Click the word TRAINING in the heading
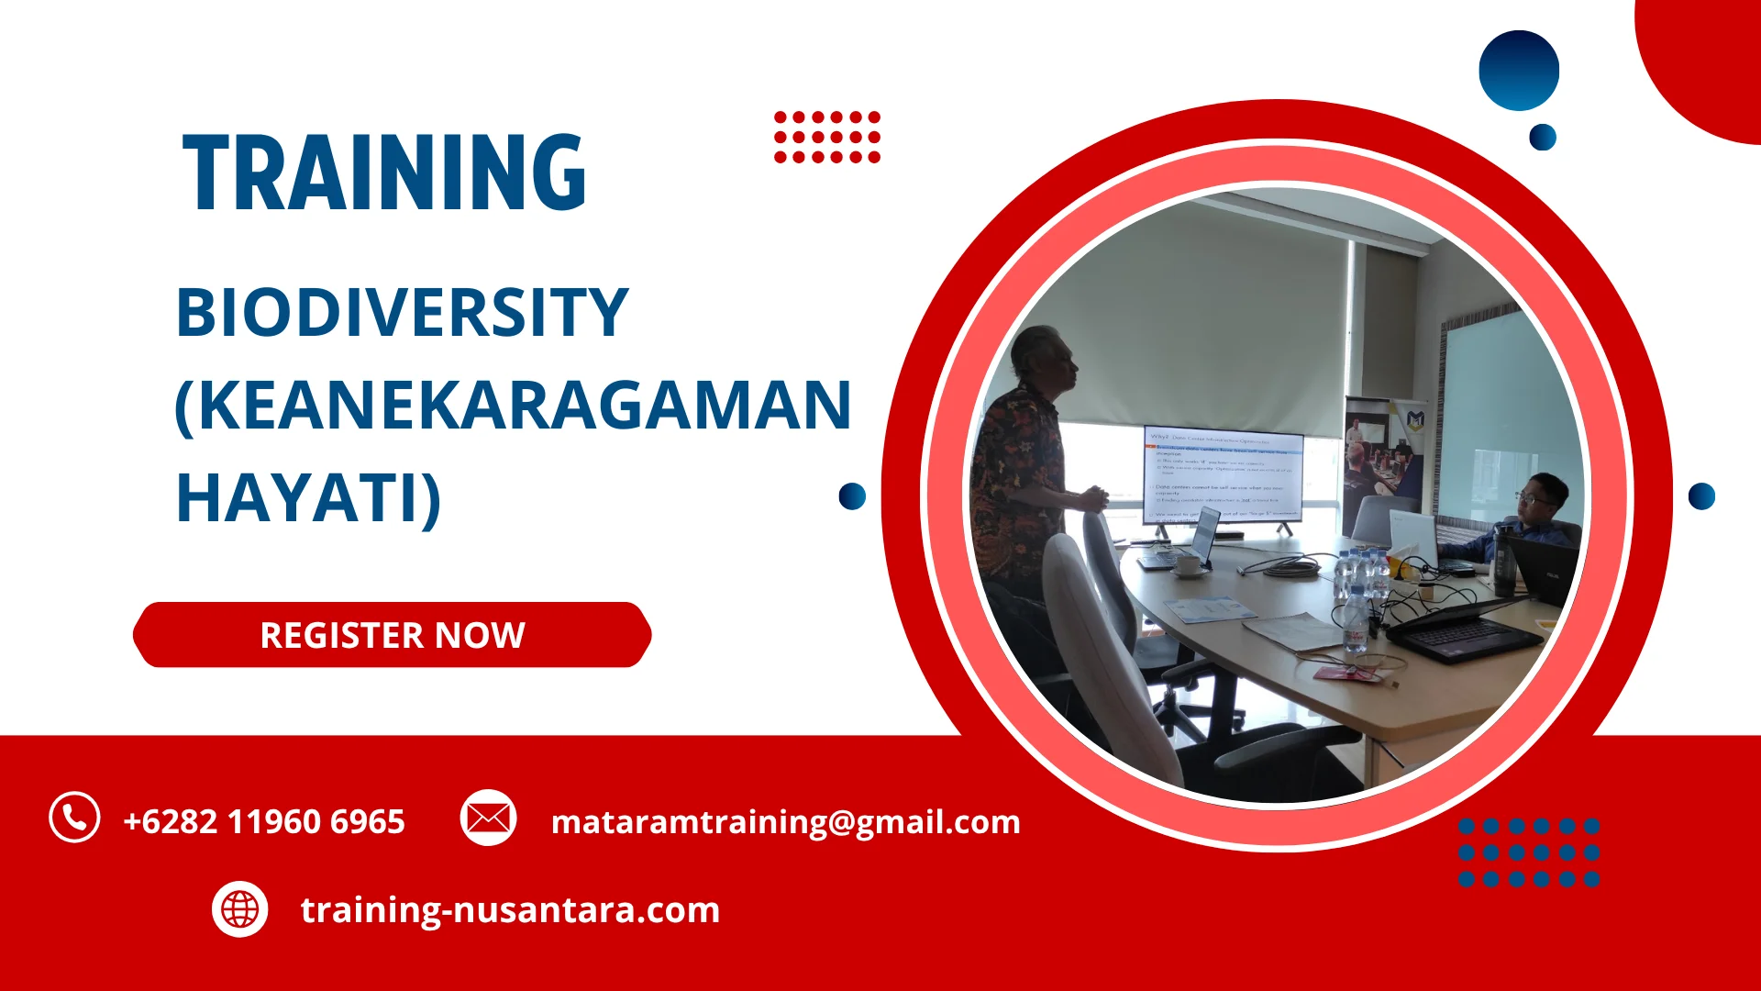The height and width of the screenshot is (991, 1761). click(384, 173)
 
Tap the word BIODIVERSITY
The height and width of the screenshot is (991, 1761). click(402, 313)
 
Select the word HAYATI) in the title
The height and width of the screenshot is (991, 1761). click(308, 498)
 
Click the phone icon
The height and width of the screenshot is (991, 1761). click(74, 817)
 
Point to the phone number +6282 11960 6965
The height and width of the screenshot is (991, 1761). click(264, 821)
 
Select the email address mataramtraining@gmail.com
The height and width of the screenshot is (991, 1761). click(785, 821)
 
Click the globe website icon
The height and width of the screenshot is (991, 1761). click(239, 909)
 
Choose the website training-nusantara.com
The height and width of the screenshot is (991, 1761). click(510, 910)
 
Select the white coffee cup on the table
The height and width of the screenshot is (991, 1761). click(1189, 565)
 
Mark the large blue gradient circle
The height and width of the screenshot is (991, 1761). click(1519, 71)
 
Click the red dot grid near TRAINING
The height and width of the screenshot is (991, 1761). click(826, 137)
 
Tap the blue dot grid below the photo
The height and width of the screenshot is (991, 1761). click(1529, 852)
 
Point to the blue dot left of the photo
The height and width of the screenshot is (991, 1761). click(852, 496)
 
